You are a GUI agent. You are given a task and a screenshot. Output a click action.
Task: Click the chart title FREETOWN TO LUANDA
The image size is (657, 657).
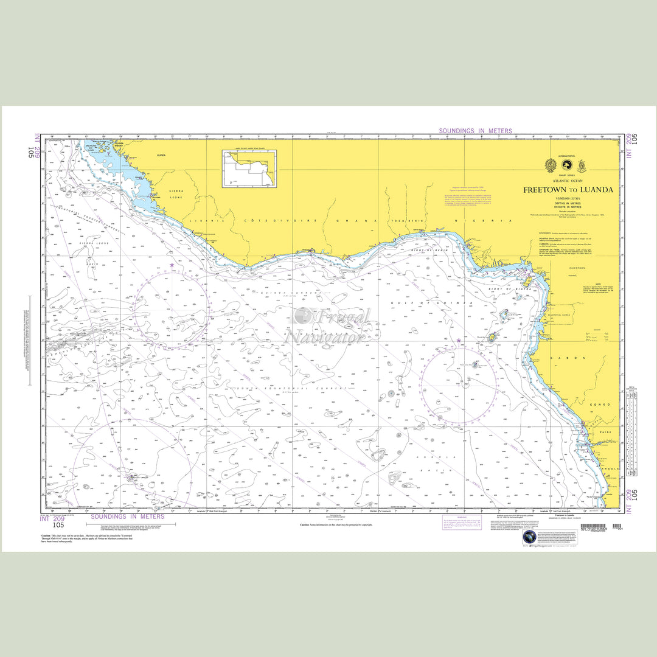(568, 190)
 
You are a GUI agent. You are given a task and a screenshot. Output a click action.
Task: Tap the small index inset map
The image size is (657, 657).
(249, 169)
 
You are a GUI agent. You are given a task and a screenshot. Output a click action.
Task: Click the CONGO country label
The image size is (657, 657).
(603, 404)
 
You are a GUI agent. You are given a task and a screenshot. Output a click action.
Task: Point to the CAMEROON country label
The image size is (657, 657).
(577, 268)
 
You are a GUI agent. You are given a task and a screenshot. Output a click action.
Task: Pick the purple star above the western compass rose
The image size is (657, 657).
(172, 265)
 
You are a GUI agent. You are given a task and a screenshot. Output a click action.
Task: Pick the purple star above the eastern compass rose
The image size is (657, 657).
(459, 341)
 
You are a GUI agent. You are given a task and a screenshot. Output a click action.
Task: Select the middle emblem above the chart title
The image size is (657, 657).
(566, 165)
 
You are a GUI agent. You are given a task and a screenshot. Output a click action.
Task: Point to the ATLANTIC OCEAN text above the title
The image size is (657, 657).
(568, 181)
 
